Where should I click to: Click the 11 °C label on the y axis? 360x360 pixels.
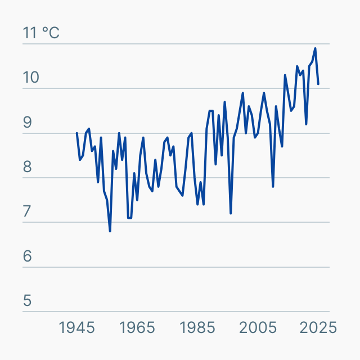point(40,33)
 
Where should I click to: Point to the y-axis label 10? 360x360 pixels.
point(31,78)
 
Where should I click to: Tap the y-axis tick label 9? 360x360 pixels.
point(28,123)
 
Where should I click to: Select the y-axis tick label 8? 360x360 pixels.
point(28,167)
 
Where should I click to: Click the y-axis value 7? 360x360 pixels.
point(28,212)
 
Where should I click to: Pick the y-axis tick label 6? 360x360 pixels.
point(28,256)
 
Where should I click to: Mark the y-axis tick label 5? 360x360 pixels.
point(28,301)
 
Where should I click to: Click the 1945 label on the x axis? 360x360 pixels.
point(77,327)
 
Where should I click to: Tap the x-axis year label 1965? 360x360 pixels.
point(137,327)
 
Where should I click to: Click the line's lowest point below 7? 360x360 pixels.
point(110,231)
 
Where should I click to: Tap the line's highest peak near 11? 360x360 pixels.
point(315,48)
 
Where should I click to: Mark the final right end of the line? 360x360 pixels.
point(318,84)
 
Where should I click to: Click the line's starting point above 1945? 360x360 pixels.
point(77,133)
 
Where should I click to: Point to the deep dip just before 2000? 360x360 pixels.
point(231,213)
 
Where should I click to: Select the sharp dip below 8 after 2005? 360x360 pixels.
point(273,186)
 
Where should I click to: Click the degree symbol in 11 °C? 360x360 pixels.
point(45,30)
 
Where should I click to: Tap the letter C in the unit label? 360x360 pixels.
point(53,33)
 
